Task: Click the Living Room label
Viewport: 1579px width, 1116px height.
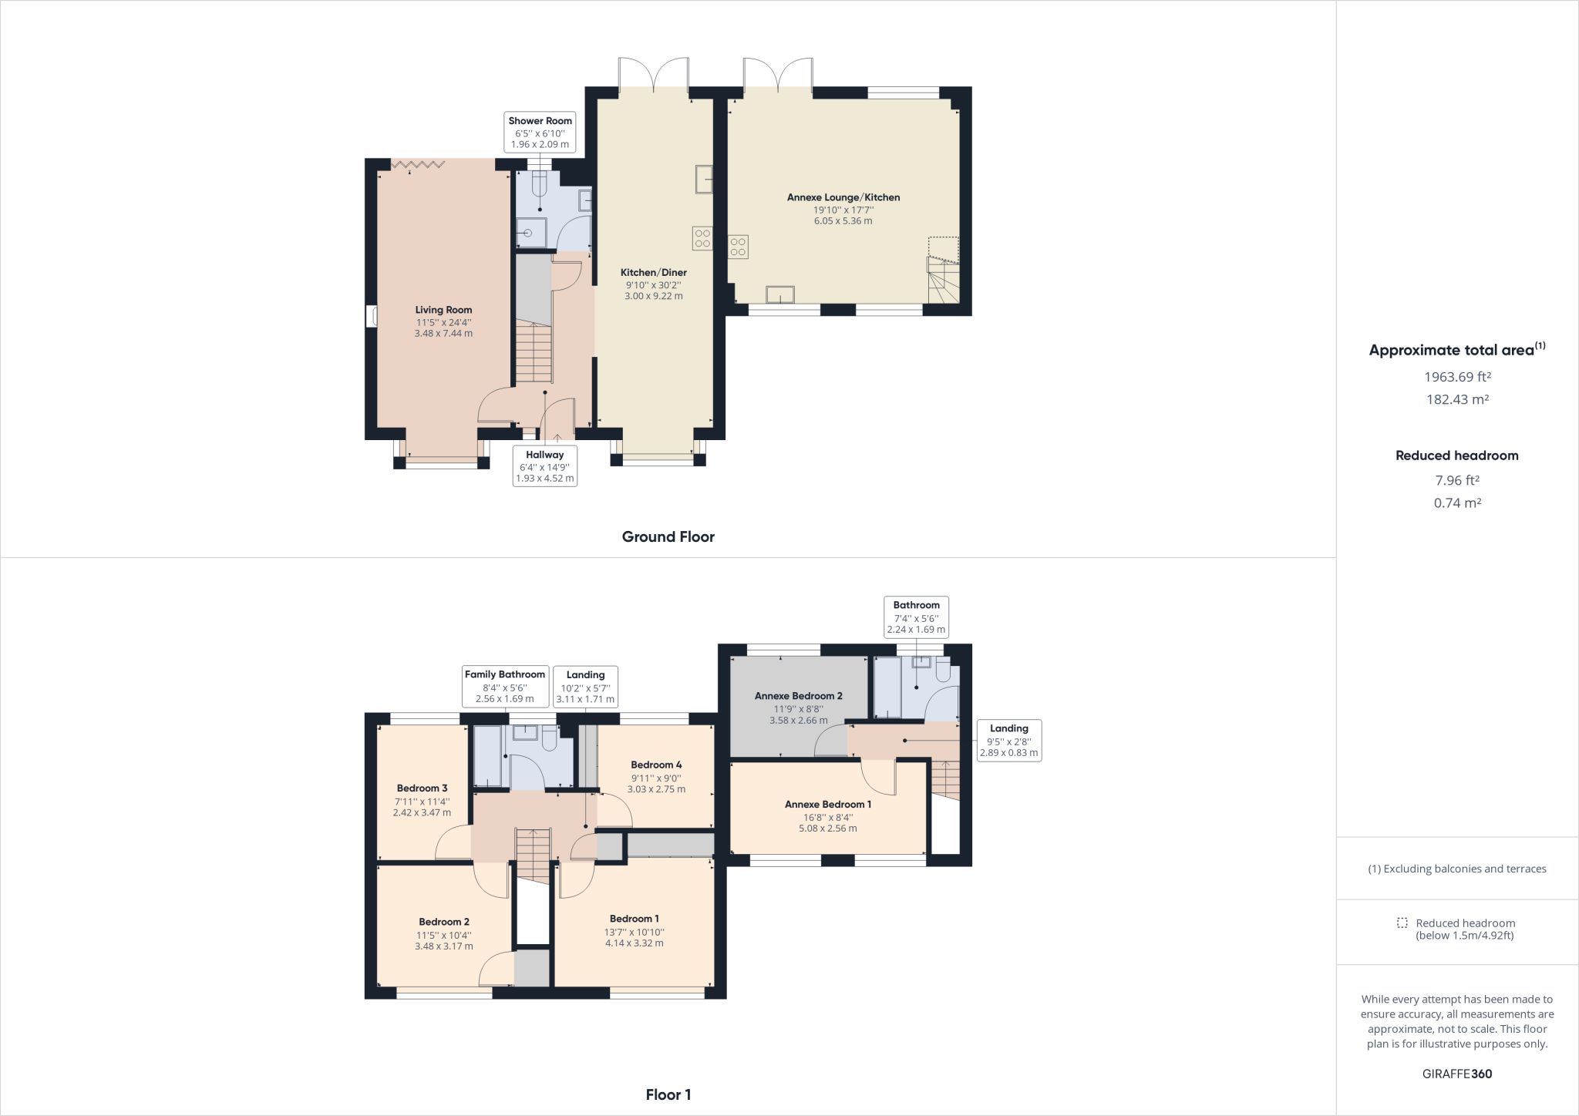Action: pyautogui.click(x=443, y=310)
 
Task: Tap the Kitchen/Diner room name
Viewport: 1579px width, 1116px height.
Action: pyautogui.click(x=654, y=272)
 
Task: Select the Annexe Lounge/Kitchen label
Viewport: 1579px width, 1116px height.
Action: pyautogui.click(x=843, y=197)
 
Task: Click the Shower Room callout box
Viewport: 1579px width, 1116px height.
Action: pyautogui.click(x=540, y=133)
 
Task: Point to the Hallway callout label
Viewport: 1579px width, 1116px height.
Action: pyautogui.click(x=545, y=466)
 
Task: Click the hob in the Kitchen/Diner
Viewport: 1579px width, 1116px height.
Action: pyautogui.click(x=702, y=238)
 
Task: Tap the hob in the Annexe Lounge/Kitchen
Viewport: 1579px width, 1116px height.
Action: pyautogui.click(x=738, y=246)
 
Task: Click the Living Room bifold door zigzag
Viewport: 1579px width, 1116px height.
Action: pyautogui.click(x=418, y=163)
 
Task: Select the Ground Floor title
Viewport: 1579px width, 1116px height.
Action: pyautogui.click(x=668, y=537)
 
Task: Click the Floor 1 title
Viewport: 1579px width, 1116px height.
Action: pyautogui.click(x=668, y=1094)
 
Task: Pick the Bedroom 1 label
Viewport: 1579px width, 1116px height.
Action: pyautogui.click(x=634, y=919)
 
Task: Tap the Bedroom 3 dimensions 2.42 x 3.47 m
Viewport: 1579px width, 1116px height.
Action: pyautogui.click(x=422, y=812)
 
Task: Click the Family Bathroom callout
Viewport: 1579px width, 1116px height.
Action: pyautogui.click(x=505, y=687)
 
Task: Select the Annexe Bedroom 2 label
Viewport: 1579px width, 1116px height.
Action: pyautogui.click(x=798, y=695)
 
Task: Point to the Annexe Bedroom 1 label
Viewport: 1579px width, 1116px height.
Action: pyautogui.click(x=828, y=804)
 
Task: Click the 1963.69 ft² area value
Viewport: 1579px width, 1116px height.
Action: pyautogui.click(x=1457, y=377)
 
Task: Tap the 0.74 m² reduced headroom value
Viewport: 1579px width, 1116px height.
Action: pyautogui.click(x=1457, y=503)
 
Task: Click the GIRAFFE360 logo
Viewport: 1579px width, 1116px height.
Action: pyautogui.click(x=1457, y=1074)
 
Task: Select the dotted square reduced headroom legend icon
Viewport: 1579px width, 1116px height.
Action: pyautogui.click(x=1402, y=923)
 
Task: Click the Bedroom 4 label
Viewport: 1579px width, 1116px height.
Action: pyautogui.click(x=656, y=765)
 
